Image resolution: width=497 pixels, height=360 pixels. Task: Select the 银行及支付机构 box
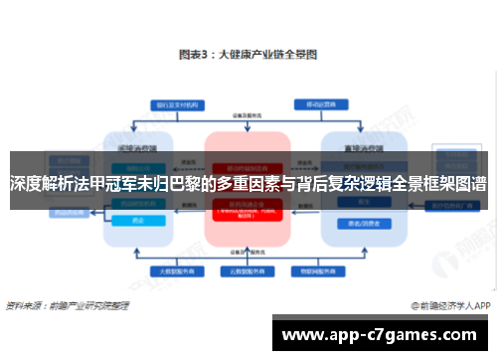tap(176, 103)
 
